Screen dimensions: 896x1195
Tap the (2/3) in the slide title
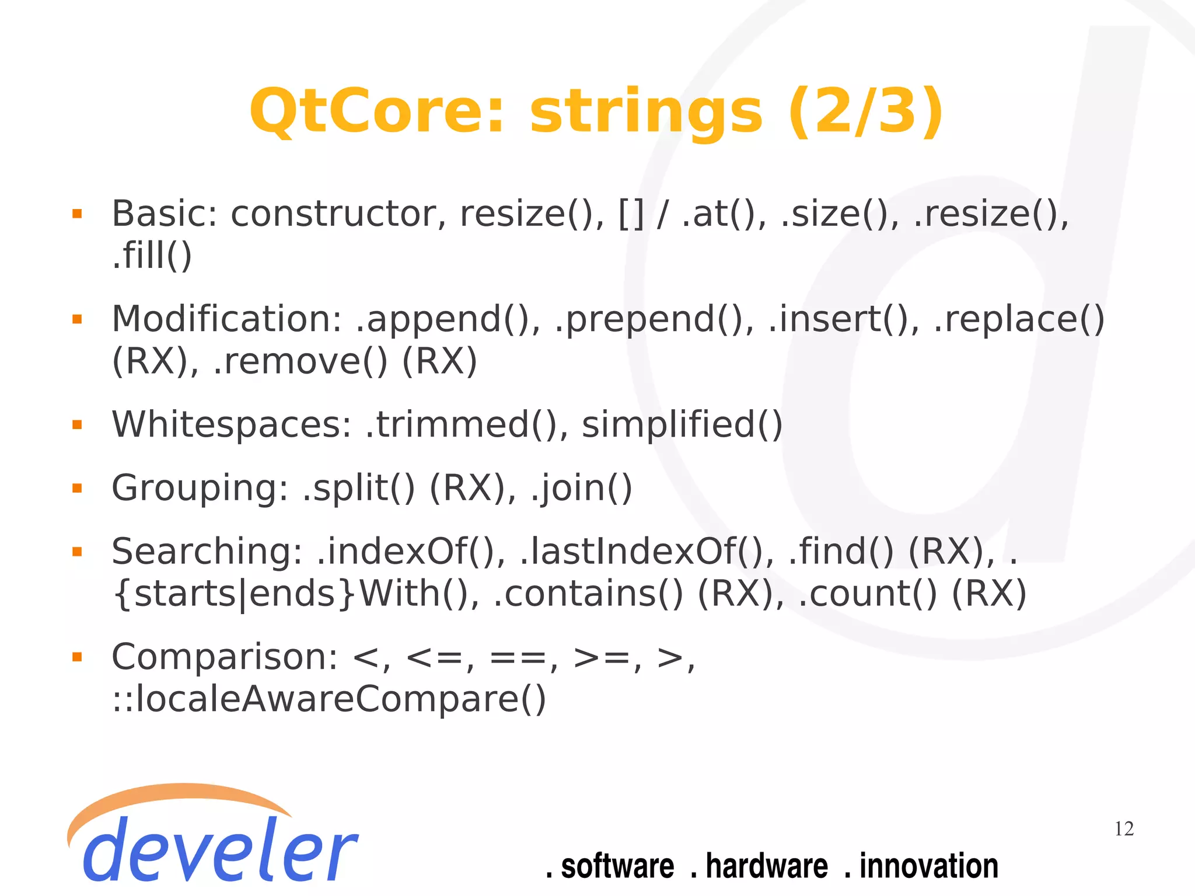(865, 111)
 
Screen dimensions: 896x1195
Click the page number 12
(1124, 829)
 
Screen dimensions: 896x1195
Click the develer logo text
(219, 849)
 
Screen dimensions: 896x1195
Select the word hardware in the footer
(766, 866)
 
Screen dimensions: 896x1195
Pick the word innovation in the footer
(928, 866)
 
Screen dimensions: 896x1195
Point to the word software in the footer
(617, 866)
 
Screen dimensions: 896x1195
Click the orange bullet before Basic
(77, 214)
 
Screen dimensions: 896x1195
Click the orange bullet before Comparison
(77, 657)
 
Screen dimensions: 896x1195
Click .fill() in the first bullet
(152, 256)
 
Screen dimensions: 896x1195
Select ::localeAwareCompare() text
(329, 699)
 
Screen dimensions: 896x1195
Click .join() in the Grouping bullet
(581, 488)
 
